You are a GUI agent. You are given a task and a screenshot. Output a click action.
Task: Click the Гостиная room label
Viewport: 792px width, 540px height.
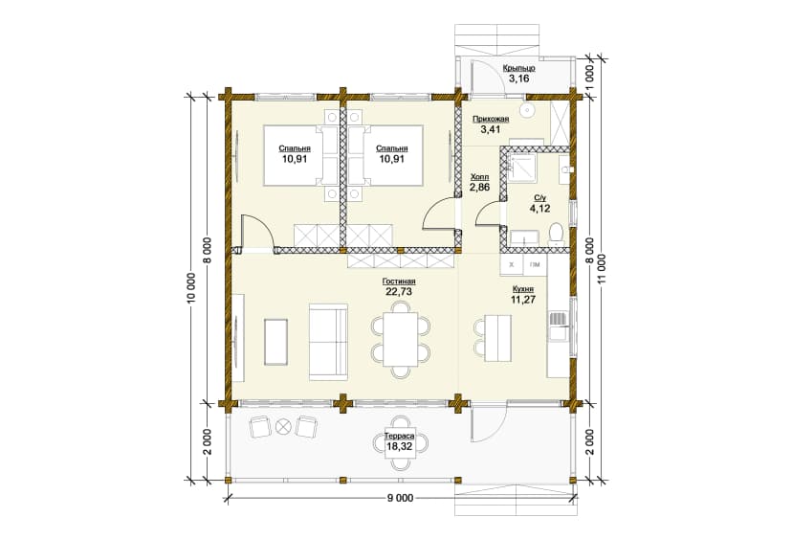click(399, 281)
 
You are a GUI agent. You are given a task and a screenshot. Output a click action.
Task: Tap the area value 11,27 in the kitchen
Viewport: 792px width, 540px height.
click(523, 300)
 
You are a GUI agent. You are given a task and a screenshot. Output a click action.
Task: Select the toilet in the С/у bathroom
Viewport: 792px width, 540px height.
click(556, 235)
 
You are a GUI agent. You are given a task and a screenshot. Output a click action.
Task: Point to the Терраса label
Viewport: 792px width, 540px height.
click(400, 436)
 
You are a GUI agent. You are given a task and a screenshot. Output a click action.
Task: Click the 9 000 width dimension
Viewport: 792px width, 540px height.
click(400, 499)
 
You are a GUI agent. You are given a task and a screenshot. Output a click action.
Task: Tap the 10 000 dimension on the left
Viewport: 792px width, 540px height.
click(191, 289)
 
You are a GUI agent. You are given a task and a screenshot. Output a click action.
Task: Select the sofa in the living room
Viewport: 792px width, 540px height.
click(328, 342)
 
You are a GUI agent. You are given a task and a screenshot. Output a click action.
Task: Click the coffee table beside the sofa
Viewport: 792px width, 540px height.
click(275, 343)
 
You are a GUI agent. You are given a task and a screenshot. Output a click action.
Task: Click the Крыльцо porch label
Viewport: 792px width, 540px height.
click(518, 68)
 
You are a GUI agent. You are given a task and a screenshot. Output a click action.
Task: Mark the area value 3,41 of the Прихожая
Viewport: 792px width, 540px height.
click(491, 129)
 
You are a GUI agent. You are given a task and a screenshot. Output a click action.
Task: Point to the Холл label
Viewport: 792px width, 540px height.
click(479, 177)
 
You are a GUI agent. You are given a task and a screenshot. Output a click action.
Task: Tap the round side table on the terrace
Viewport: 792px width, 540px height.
click(283, 426)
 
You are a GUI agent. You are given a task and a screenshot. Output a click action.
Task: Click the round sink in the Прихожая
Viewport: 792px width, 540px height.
click(528, 108)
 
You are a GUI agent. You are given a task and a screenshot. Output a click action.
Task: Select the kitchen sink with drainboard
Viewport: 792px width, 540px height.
click(559, 326)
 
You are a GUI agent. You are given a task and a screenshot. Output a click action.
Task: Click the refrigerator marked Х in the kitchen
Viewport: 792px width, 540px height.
click(511, 264)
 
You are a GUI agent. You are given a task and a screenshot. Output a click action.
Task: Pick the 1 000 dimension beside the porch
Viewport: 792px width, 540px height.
click(591, 77)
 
